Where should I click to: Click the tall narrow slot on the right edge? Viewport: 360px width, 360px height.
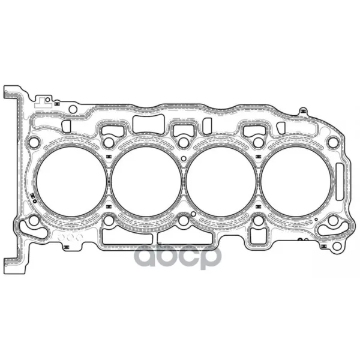tap(340, 182)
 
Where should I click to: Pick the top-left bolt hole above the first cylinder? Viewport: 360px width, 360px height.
tap(34, 142)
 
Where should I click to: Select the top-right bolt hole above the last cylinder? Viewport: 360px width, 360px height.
tap(333, 142)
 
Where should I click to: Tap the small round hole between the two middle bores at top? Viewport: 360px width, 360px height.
tap(184, 158)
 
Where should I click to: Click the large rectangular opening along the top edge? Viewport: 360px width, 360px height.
tap(148, 124)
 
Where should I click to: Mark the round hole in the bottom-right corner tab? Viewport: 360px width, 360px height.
tap(337, 247)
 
